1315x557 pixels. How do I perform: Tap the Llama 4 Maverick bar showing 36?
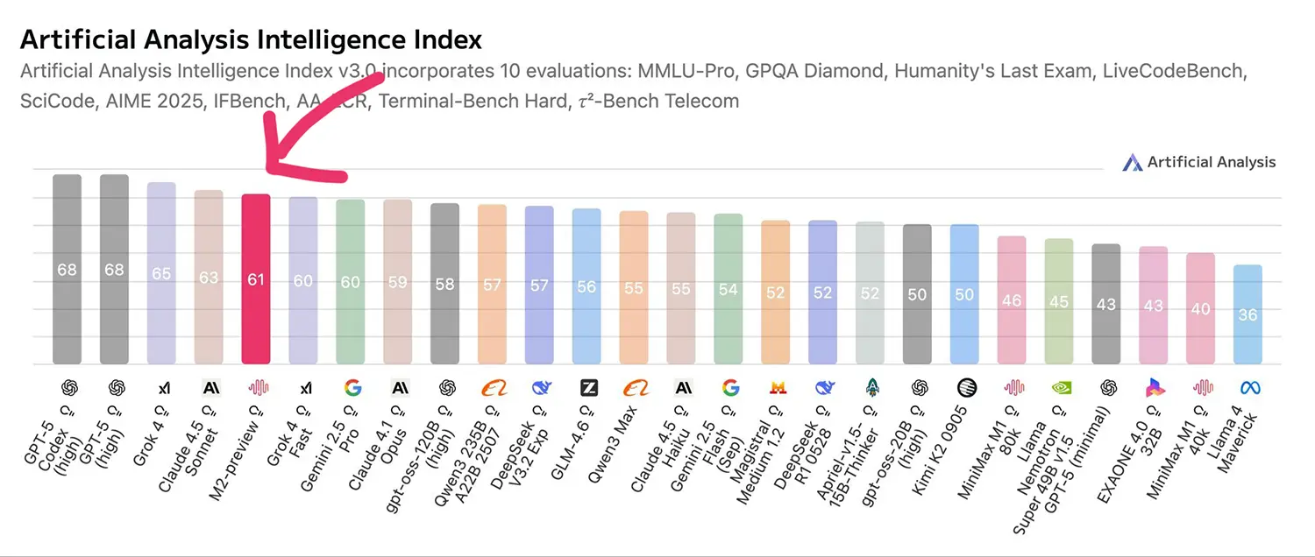[x=1247, y=314]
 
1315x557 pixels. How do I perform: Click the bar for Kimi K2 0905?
[x=964, y=294]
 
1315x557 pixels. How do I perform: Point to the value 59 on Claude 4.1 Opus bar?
[x=398, y=283]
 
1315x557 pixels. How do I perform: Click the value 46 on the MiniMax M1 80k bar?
[x=1012, y=300]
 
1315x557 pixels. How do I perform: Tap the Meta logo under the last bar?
[x=1247, y=387]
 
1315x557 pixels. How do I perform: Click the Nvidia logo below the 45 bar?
[x=1059, y=387]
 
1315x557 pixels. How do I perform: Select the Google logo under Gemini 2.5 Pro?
[x=352, y=387]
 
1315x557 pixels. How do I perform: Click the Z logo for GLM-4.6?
[x=589, y=387]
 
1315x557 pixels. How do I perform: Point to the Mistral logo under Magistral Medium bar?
[x=776, y=387]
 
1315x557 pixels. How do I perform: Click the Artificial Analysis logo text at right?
[x=1211, y=162]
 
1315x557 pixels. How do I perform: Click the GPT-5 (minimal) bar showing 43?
[x=1106, y=304]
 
